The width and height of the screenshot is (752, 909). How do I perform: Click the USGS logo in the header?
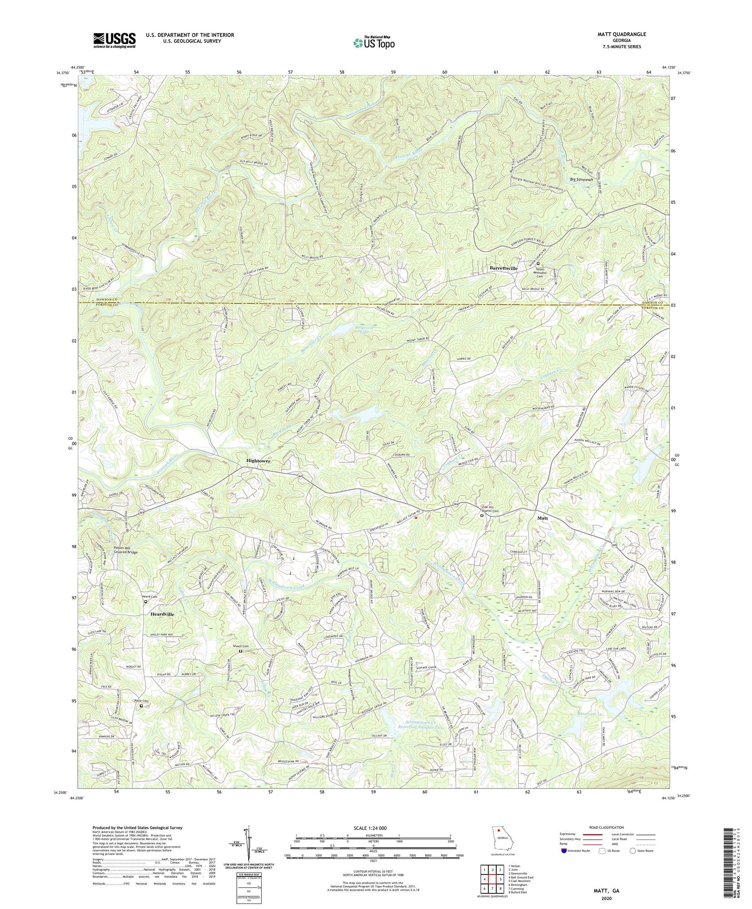coord(114,40)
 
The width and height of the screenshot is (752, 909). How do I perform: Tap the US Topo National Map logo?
coord(373,43)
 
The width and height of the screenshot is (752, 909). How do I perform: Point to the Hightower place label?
coord(258,461)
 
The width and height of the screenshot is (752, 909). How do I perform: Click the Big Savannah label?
coord(582,179)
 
